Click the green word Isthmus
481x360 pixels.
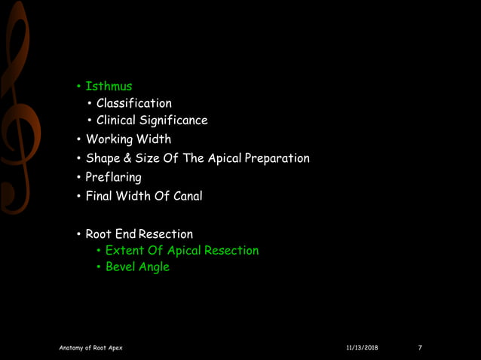coord(109,86)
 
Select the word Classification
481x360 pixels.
coord(133,103)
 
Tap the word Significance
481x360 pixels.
coord(172,121)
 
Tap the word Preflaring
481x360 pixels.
coord(113,178)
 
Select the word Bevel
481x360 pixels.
coord(120,267)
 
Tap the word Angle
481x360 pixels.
coord(154,267)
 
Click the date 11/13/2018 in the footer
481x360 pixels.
coord(362,348)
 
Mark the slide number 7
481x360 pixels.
coord(420,348)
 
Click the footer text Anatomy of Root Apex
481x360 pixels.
coord(90,348)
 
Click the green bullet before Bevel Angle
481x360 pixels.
coord(98,267)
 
